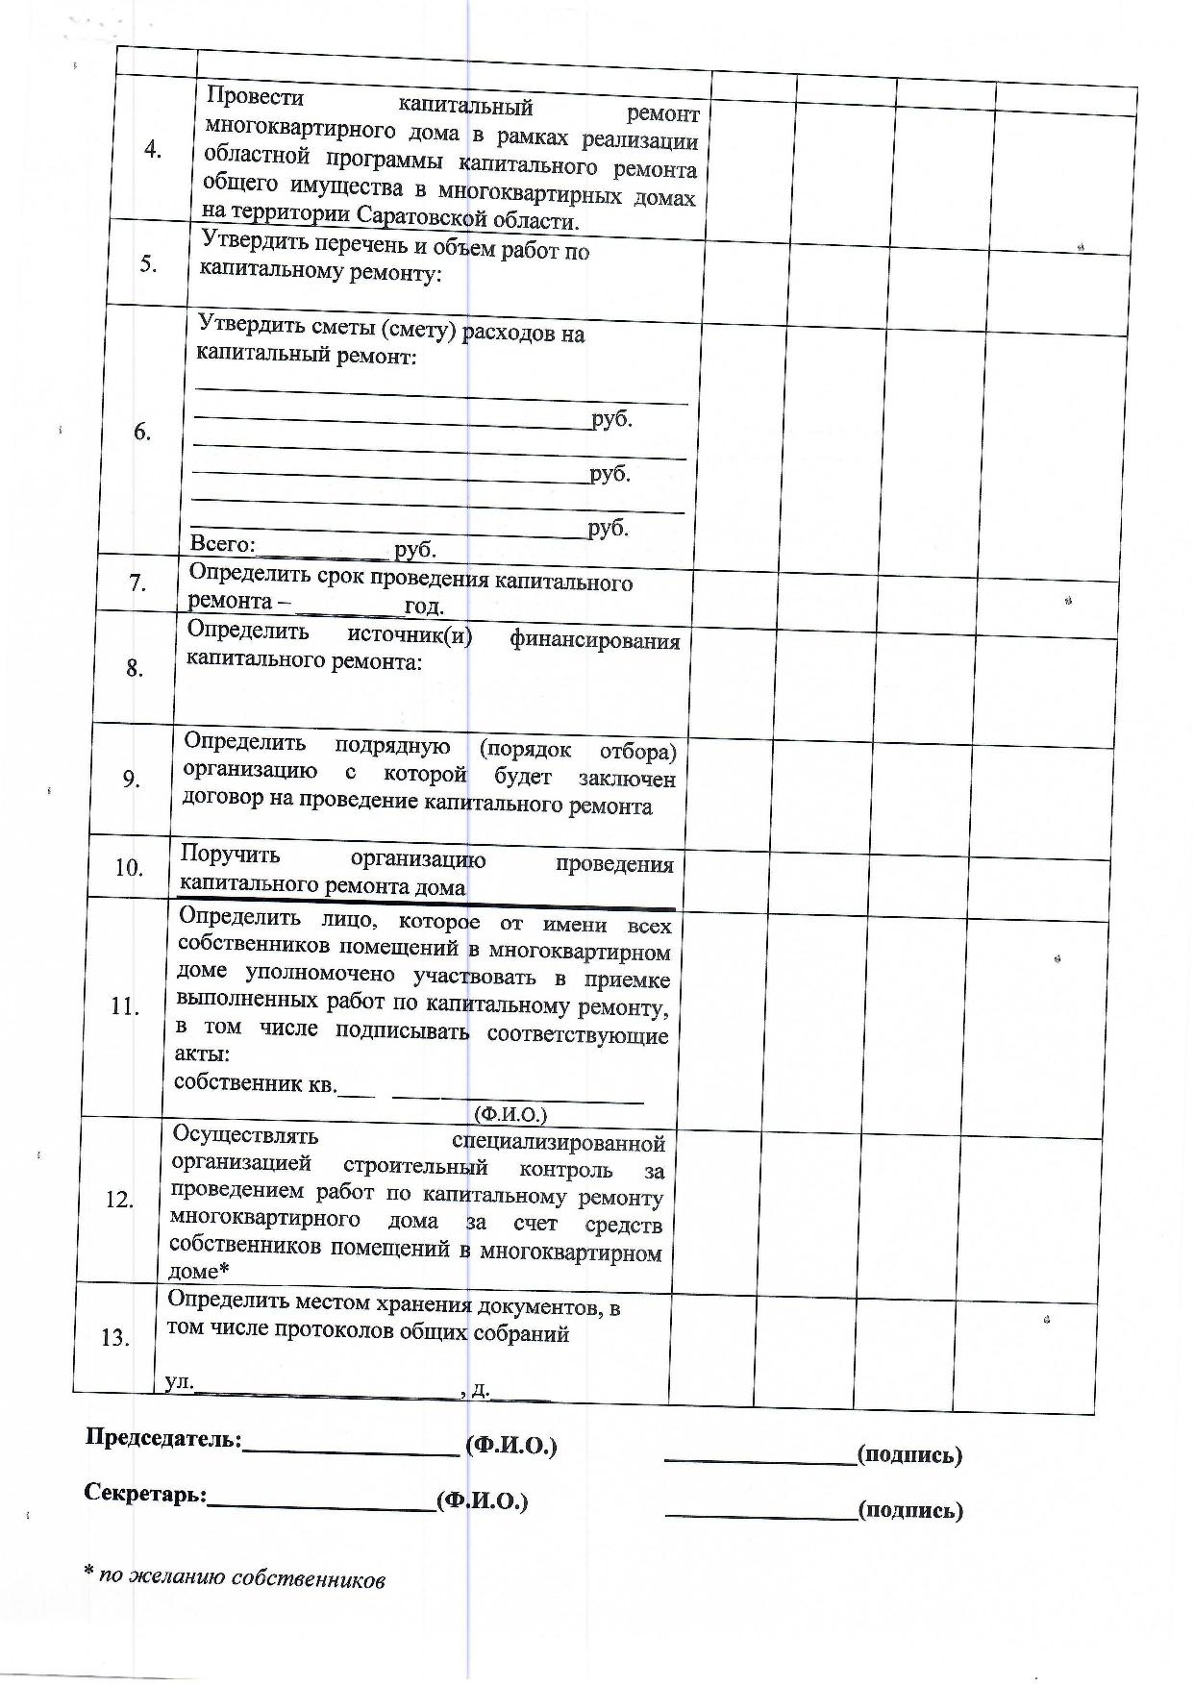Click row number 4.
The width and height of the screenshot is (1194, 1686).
tap(153, 150)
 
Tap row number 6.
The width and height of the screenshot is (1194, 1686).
tap(142, 433)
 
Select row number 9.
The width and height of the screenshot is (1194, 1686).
tap(132, 780)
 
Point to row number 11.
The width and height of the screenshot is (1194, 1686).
tap(125, 1006)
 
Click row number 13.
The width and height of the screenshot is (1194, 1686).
tap(115, 1337)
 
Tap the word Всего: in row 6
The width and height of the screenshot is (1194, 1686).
tap(222, 545)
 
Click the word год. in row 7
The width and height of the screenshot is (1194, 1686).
tap(424, 607)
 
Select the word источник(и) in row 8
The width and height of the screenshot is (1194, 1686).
tap(410, 636)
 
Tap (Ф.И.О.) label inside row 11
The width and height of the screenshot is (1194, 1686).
tap(510, 1114)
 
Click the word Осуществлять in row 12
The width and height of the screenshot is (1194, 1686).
tap(245, 1134)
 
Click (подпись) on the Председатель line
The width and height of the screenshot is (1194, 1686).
tap(909, 1454)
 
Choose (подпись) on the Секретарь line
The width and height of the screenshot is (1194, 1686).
tap(910, 1510)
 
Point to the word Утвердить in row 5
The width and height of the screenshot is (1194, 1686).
tap(248, 244)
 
